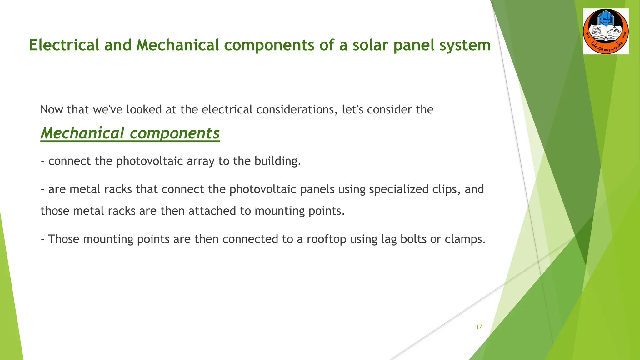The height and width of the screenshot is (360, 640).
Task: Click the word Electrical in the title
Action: (64, 45)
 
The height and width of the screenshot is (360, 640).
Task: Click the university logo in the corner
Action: (606, 32)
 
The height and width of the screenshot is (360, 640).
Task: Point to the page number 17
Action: (479, 327)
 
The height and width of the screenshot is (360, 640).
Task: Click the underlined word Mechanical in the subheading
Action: (82, 133)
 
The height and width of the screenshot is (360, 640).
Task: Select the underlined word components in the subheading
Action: (175, 133)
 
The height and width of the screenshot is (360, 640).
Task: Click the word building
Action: (277, 161)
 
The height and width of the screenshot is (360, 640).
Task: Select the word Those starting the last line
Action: (63, 239)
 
